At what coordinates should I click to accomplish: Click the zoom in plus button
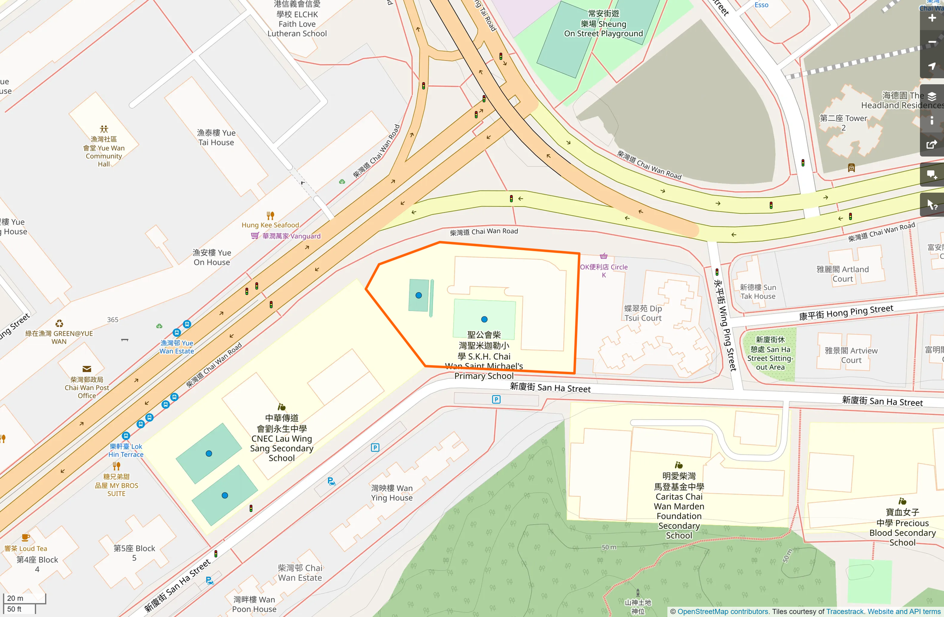point(931,19)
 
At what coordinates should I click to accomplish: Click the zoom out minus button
point(931,43)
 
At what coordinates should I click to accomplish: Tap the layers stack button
point(931,96)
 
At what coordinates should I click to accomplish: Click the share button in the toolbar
point(931,145)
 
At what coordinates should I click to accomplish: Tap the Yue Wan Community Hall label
point(104,151)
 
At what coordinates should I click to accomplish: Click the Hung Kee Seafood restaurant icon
point(270,216)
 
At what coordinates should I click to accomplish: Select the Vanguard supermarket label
point(291,236)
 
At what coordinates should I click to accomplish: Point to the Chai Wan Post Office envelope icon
point(87,369)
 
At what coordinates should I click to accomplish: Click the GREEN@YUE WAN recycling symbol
point(59,324)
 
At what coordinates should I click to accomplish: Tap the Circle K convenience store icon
point(603,256)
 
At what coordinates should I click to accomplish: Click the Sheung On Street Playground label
point(603,24)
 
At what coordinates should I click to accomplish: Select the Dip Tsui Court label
point(643,313)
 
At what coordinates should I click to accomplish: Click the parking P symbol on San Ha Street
point(496,399)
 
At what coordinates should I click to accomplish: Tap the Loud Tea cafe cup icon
point(26,538)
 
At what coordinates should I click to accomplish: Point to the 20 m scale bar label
point(16,598)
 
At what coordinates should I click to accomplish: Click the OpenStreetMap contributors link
point(723,611)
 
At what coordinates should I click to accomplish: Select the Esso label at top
point(761,5)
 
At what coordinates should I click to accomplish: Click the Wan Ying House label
point(391,493)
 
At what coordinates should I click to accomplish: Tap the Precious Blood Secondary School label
point(902,527)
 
